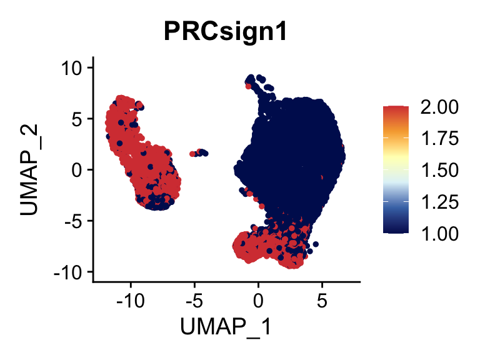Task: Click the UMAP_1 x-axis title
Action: point(226,326)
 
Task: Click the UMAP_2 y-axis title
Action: point(31,169)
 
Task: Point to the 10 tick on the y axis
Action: point(76,67)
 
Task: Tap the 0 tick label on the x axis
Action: point(258,301)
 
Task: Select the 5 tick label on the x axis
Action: point(322,301)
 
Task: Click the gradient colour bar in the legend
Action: point(396,169)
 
